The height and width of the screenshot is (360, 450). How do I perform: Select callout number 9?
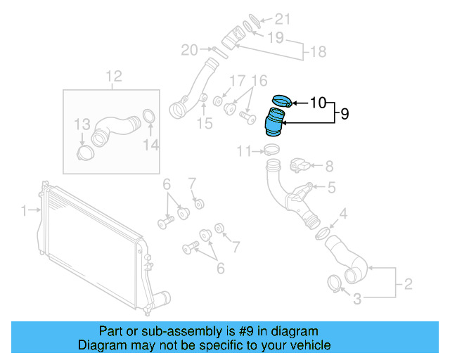[345, 113]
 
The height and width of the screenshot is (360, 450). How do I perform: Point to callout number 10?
[317, 103]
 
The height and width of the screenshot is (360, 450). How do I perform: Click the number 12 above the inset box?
[114, 76]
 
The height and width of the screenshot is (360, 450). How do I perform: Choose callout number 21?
[282, 18]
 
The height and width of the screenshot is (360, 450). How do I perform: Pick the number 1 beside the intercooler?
[23, 210]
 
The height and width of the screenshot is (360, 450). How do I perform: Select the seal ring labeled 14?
[150, 117]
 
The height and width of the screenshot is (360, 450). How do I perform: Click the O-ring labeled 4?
[321, 231]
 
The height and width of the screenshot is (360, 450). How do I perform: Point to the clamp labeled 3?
[335, 283]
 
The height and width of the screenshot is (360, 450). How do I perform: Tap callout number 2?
[407, 285]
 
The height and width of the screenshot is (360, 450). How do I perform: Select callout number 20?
[190, 50]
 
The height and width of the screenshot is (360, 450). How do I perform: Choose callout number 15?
[204, 124]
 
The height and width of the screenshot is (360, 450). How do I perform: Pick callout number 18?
[318, 51]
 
